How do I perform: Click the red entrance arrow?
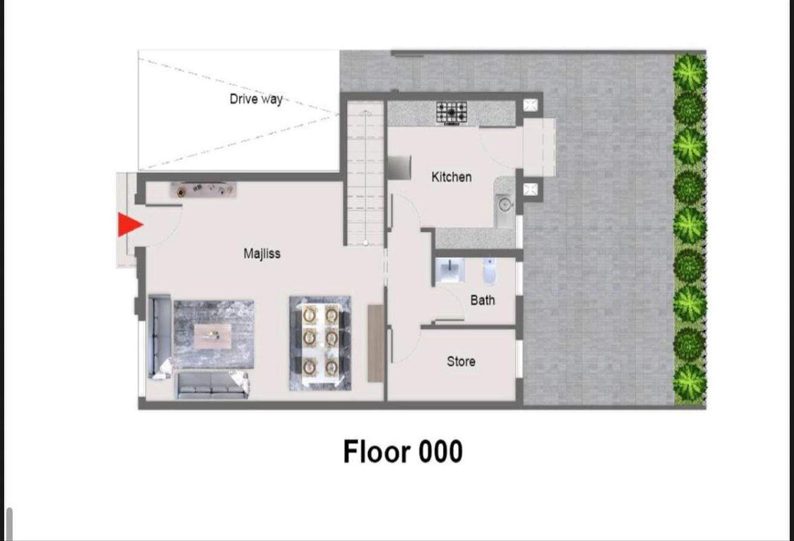[130, 225]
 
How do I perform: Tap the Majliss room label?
[262, 254]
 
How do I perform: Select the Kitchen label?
[451, 177]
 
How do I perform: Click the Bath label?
[482, 300]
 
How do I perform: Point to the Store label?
[461, 362]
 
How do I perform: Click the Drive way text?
[256, 99]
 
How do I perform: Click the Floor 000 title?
[403, 451]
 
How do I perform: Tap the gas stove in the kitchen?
[451, 113]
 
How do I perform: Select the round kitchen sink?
[504, 205]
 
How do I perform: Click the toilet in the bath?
[490, 272]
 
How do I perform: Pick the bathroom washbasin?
[450, 270]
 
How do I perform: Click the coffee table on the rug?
[212, 336]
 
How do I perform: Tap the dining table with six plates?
[320, 344]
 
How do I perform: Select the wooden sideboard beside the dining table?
[376, 343]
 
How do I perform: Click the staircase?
[366, 174]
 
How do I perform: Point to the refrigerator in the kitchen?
[399, 168]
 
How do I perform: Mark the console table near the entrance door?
[203, 190]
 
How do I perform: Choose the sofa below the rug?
[212, 385]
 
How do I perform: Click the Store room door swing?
[404, 346]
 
